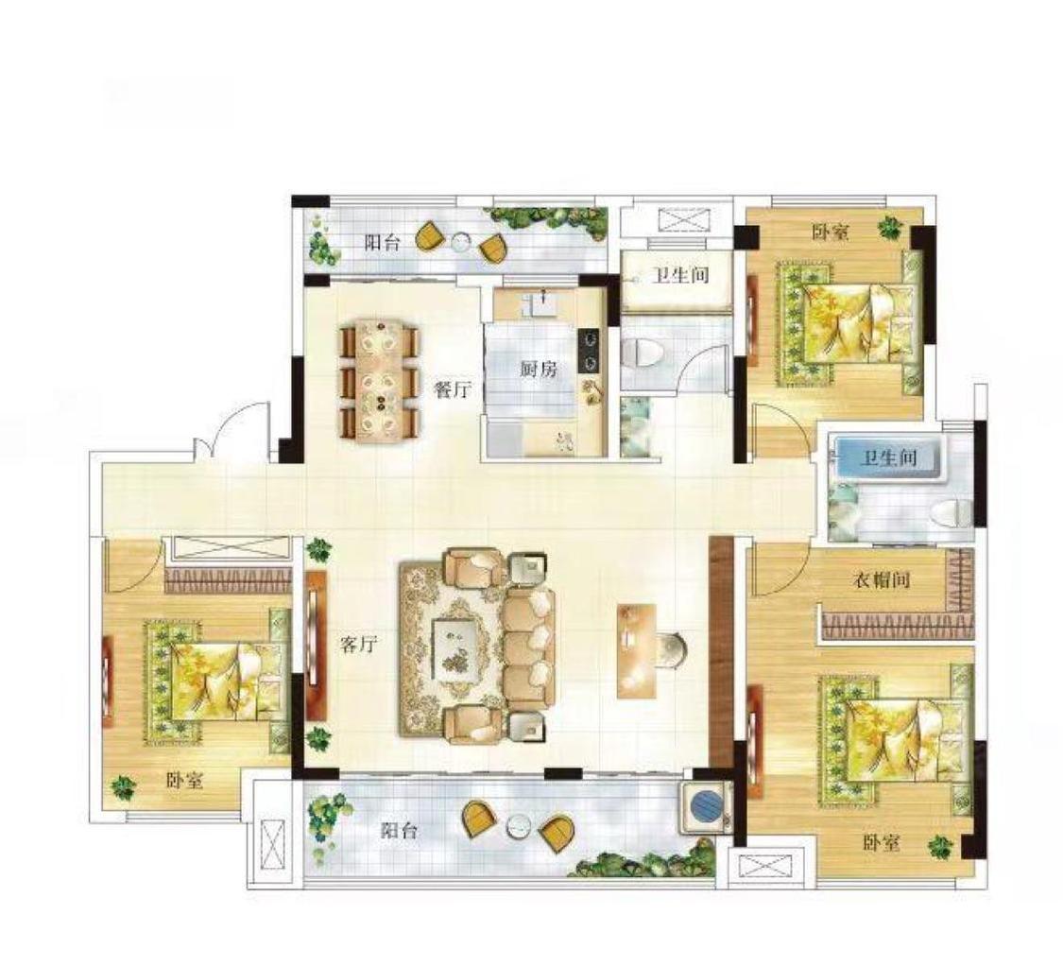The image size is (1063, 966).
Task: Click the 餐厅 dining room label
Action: tap(452, 390)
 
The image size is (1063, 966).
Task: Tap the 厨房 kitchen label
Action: tap(539, 369)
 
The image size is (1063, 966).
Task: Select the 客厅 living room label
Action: tap(358, 645)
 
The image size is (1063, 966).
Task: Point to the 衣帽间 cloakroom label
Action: tap(881, 580)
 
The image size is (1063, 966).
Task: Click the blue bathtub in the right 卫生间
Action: tap(888, 458)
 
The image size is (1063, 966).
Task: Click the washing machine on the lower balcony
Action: tap(706, 808)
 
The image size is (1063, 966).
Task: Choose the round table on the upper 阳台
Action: tap(461, 242)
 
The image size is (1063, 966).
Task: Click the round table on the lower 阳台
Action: tap(520, 827)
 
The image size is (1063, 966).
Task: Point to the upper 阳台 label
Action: tap(383, 243)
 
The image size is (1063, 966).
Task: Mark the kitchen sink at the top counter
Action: tap(543, 306)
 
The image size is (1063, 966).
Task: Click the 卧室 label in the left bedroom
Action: tap(184, 781)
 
